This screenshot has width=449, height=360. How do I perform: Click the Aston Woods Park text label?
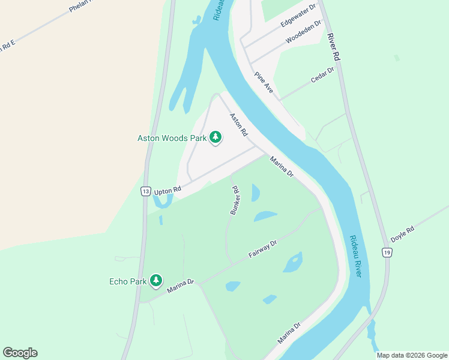(x=172, y=138)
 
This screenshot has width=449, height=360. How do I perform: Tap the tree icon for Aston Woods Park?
(x=215, y=138)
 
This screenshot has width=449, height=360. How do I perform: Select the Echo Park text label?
(x=128, y=281)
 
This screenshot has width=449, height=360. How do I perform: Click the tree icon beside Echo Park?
(x=156, y=280)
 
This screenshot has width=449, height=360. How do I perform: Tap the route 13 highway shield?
(x=145, y=191)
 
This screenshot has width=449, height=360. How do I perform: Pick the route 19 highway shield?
(x=388, y=253)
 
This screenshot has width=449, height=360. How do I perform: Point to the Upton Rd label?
(x=167, y=191)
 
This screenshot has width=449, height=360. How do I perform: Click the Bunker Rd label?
(x=235, y=200)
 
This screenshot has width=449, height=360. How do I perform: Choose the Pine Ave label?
(x=264, y=83)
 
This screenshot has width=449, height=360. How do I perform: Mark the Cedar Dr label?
(x=322, y=76)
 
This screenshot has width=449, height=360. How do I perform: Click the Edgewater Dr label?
(x=298, y=17)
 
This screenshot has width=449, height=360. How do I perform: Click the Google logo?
(x=20, y=353)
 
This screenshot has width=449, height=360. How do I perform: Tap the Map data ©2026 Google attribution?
(x=412, y=355)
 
